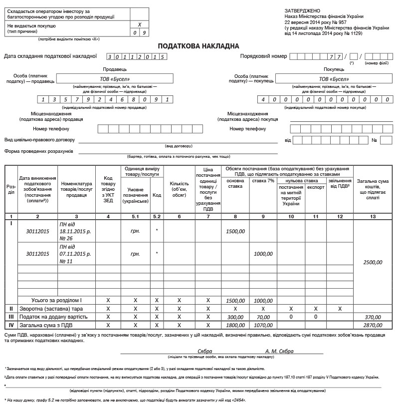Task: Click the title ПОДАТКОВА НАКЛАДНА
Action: click(199, 46)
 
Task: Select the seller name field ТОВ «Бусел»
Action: click(114, 78)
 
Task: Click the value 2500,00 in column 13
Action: click(373, 262)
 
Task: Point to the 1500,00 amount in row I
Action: click(235, 231)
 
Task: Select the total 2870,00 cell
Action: click(373, 325)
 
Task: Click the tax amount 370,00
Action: click(373, 317)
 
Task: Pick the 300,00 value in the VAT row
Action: click(235, 317)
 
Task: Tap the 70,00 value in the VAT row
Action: click(263, 317)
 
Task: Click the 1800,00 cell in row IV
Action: click(235, 325)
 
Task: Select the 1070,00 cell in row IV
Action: click(263, 325)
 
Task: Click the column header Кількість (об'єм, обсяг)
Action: click(180, 189)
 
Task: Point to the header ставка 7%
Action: click(263, 180)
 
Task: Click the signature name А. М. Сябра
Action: click(279, 351)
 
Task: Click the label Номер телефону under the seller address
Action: click(51, 129)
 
